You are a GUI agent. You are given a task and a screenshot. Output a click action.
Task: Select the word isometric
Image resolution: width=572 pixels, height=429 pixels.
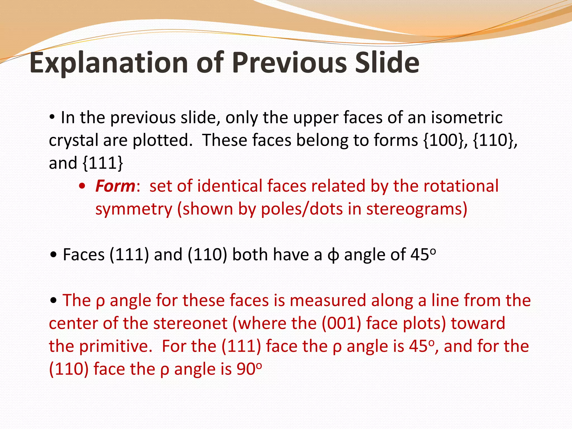coord(467,117)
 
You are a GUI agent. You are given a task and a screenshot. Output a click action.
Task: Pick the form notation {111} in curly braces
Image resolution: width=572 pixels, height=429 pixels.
coord(103,163)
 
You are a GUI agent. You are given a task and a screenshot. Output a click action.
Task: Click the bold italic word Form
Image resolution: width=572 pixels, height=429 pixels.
coord(115,186)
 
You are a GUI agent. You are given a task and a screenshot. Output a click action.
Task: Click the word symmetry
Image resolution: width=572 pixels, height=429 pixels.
coord(134,209)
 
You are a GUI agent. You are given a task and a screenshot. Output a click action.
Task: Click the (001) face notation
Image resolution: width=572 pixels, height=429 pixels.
coord(341,323)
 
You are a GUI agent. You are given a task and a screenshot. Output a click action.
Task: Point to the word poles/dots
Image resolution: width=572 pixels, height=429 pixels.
coord(302,209)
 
